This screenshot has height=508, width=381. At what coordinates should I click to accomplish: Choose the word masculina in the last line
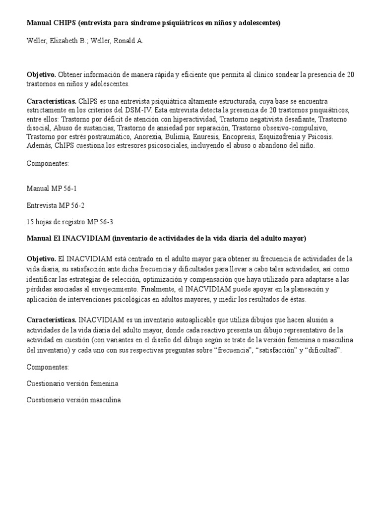tap(103, 400)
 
